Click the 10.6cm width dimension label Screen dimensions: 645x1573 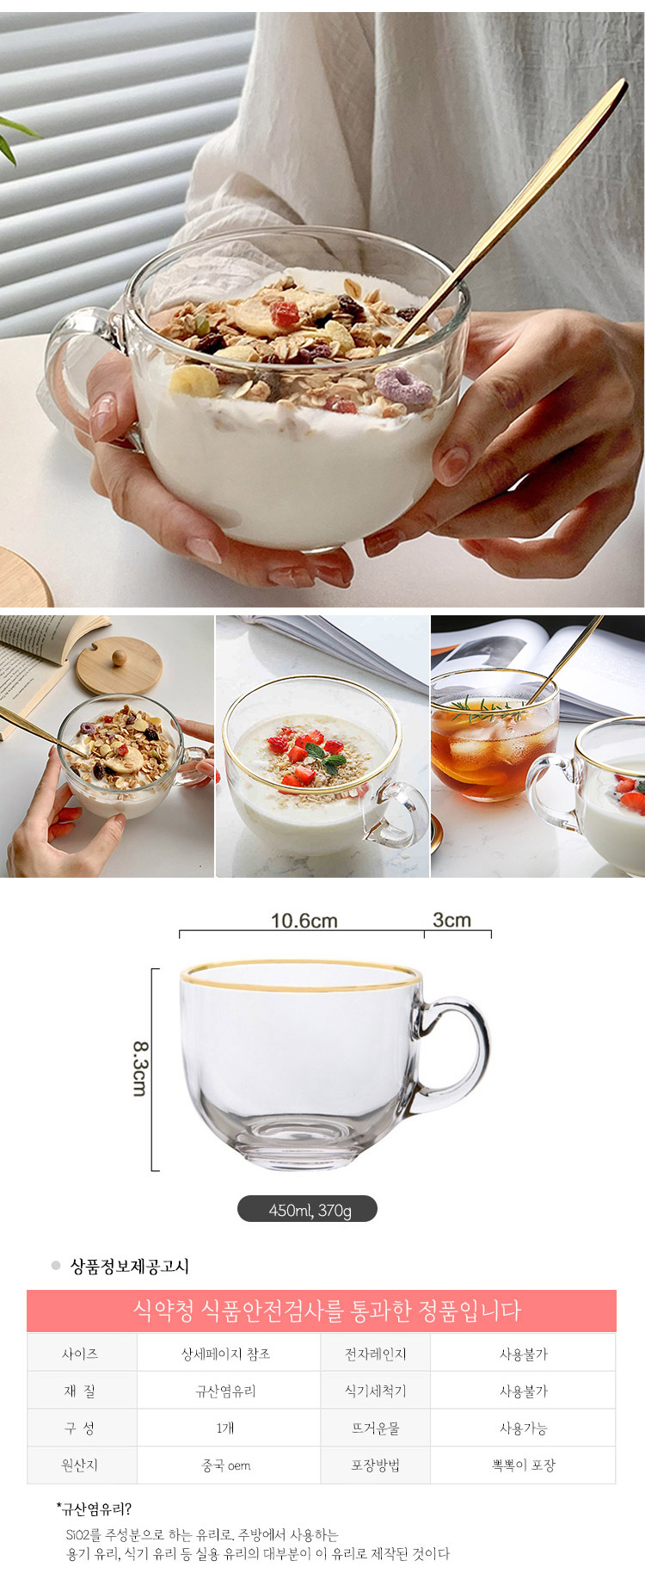click(304, 921)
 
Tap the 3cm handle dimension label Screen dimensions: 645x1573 click(451, 920)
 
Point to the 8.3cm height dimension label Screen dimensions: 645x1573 click(139, 1069)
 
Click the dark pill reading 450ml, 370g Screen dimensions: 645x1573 click(307, 1209)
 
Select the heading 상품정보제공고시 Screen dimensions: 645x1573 click(129, 1266)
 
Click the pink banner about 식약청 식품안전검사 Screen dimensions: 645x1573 click(321, 1311)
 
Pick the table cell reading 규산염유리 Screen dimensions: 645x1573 click(225, 1391)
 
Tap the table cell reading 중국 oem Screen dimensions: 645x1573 click(225, 1465)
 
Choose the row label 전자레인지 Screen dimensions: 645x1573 click(375, 1354)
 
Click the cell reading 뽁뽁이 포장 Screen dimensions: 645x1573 click(523, 1465)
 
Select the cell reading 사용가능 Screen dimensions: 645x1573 click(523, 1428)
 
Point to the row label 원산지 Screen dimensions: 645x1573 click(79, 1465)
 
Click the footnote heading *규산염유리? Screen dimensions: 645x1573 click(94, 1508)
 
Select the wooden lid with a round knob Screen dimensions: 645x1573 click(119, 664)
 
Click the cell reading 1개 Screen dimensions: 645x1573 click(225, 1428)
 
